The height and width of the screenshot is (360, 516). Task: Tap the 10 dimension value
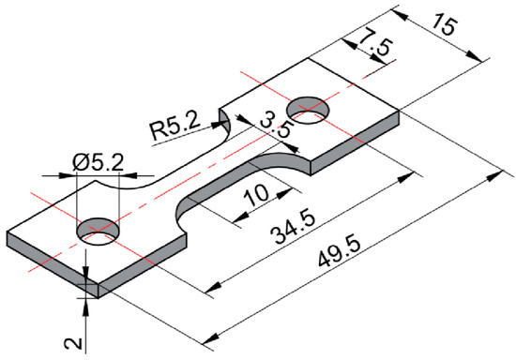click(257, 195)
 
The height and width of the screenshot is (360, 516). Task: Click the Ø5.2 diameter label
click(98, 163)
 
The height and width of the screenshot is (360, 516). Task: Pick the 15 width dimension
click(445, 24)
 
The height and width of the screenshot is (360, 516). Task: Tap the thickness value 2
click(73, 344)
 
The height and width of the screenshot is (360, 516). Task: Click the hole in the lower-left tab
click(98, 230)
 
